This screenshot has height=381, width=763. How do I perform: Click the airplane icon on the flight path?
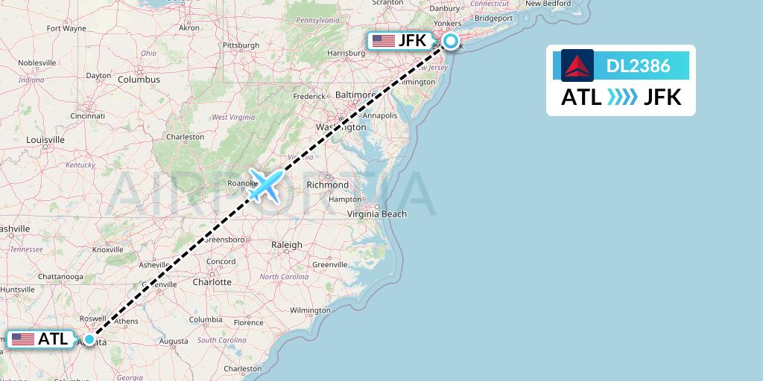pos(266,185)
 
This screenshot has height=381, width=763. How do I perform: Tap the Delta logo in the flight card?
pos(577,65)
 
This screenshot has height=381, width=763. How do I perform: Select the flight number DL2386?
pos(639,66)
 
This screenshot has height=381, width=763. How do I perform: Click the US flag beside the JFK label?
pos(384,41)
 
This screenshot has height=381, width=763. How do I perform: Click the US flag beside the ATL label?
pos(23,339)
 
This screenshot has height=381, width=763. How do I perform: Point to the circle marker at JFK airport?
pos(451,41)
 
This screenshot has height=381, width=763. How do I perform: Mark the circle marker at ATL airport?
pos(89,339)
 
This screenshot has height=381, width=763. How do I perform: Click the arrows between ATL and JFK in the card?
pos(622,97)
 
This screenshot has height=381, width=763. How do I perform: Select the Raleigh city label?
pos(287,244)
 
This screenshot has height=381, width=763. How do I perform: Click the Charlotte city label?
pos(212,282)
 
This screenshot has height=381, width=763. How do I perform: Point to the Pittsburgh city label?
pos(240,45)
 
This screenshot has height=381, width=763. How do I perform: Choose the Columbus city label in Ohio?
pos(139,79)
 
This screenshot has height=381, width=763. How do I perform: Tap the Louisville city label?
pos(45,140)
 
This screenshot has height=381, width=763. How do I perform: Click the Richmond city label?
pos(327,185)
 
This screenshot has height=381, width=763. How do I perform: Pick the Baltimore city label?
pos(355,95)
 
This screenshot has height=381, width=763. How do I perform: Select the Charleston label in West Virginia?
pos(185,137)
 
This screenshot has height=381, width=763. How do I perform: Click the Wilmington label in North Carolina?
pos(310,310)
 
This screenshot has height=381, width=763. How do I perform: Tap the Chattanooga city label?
pos(61,277)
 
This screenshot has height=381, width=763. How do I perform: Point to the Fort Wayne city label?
pos(66,28)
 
